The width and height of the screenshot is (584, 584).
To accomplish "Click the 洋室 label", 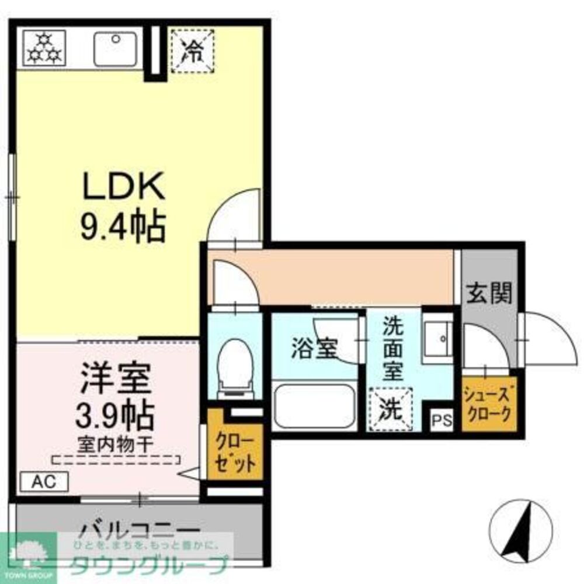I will [115, 378].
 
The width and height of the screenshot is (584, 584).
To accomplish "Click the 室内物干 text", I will [115, 443].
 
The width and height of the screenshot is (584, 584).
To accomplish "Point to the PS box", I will [441, 419].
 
